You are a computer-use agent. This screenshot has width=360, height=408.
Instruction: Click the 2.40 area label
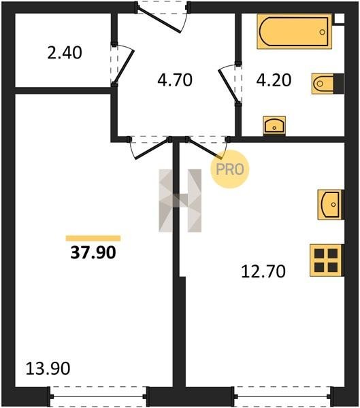click(65, 52)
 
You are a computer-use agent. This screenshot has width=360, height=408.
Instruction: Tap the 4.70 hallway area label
click(175, 80)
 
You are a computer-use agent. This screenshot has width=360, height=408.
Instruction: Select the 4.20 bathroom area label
click(274, 80)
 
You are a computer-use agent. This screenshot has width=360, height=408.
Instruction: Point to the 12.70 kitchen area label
click(263, 271)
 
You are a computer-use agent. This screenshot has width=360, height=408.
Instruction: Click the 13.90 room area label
click(48, 369)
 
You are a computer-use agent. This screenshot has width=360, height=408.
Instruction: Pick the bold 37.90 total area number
click(93, 252)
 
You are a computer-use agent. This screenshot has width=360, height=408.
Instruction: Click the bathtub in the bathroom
click(295, 31)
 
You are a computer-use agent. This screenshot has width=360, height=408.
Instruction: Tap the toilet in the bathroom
click(328, 84)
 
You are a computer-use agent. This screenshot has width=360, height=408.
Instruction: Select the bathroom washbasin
click(274, 126)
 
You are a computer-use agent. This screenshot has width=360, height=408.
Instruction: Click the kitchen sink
click(331, 205)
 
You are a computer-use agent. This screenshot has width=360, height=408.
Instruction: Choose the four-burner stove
click(327, 260)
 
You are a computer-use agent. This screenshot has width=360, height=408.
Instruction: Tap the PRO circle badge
click(230, 169)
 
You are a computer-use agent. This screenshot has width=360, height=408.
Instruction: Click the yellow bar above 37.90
click(93, 238)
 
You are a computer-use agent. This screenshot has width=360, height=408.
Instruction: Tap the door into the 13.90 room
click(151, 149)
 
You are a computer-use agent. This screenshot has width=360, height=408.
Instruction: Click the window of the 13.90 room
click(98, 396)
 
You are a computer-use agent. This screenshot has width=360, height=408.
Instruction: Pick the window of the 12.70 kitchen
click(284, 396)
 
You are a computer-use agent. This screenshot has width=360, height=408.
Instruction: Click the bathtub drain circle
click(323, 32)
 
